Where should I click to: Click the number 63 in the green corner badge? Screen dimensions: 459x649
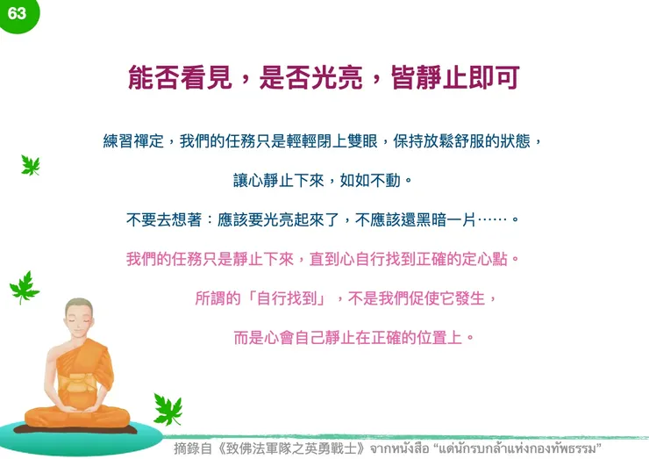(16, 13)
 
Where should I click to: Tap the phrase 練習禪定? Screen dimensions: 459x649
(132, 140)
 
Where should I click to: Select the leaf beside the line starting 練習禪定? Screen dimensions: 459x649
(31, 165)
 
